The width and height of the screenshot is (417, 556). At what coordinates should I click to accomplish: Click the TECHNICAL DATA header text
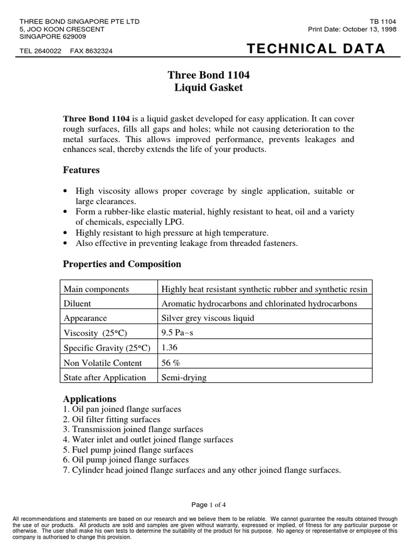pos(315,49)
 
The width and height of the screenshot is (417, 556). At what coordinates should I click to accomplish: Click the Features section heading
pos(81,170)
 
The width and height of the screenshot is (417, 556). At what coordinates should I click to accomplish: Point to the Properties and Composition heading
pos(122,264)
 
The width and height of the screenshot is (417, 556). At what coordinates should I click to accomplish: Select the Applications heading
pos(90,399)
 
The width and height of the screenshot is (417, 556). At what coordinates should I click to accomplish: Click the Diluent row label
pos(78,304)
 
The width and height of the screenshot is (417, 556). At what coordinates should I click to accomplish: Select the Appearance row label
pos(85,318)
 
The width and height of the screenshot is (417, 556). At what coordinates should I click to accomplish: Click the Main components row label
pos(96,289)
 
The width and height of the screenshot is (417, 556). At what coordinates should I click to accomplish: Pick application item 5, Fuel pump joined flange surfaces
pos(128,450)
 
